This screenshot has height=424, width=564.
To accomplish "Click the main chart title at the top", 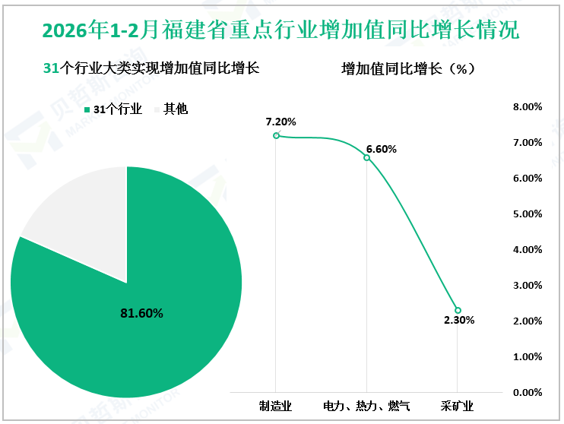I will [281, 30].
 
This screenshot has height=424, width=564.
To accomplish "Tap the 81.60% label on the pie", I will [142, 312].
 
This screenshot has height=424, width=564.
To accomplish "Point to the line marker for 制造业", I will [276, 135].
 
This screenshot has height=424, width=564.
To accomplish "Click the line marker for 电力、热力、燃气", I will [366, 157].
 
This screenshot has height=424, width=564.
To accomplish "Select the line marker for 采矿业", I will [458, 310].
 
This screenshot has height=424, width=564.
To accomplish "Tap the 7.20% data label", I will [280, 122].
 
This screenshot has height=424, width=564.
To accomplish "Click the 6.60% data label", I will [381, 149].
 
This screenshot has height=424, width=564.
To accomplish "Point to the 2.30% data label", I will [459, 321].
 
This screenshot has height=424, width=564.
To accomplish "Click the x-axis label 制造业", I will [275, 407].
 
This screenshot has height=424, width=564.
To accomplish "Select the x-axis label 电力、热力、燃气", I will [366, 407].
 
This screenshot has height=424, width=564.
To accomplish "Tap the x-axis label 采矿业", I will [458, 407].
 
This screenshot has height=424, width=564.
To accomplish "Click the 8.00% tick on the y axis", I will [528, 107].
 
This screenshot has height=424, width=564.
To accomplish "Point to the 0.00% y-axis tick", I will [528, 392].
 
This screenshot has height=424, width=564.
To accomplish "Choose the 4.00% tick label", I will [528, 250].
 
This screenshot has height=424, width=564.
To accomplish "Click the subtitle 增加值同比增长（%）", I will [408, 69].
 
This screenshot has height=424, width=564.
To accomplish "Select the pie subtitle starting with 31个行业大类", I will [152, 68].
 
